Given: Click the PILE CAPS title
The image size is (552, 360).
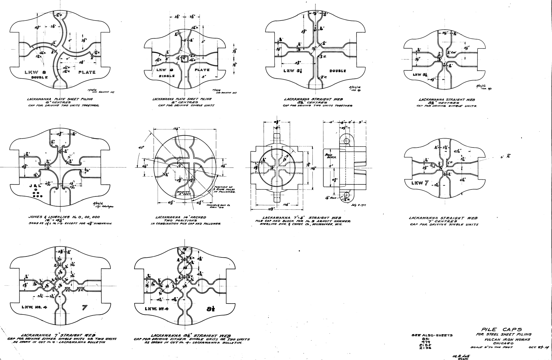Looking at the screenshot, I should tap(498, 329).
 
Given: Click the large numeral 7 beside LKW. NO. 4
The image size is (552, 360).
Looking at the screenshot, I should tap(84, 307).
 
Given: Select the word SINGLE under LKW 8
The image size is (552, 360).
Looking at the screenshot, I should tap(166, 76).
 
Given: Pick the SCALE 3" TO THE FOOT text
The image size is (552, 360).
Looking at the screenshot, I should tap(492, 347).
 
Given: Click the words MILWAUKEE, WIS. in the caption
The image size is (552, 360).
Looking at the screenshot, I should tap(329, 225).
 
